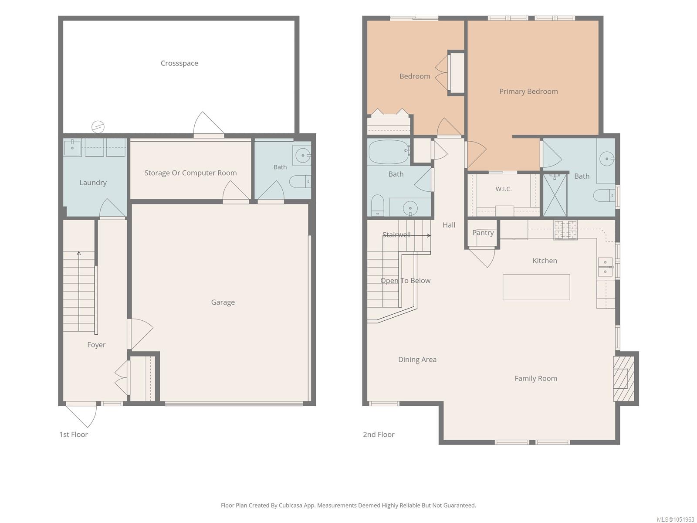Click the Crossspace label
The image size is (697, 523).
point(179,63)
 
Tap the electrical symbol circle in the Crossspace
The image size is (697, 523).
point(98,127)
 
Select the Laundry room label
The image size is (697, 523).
point(93,183)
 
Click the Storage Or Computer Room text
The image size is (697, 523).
point(190,173)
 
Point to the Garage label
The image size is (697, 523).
point(223,302)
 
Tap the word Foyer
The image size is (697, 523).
point(96,345)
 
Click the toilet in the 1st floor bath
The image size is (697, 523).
point(300,181)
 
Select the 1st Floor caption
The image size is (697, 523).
point(73,435)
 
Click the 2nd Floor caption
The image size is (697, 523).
point(379,435)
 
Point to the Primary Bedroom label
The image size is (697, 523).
point(528,92)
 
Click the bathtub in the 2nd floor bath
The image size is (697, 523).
point(389,152)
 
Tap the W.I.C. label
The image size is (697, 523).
point(503,189)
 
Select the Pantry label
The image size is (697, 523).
point(483,233)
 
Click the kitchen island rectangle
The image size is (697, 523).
point(536,287)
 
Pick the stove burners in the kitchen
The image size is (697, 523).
point(565,230)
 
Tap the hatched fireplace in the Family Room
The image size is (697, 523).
point(624,378)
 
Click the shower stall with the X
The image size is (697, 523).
point(555,195)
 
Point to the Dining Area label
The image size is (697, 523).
point(417,360)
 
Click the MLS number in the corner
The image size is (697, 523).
point(675,520)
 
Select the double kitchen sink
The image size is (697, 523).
point(606,267)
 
